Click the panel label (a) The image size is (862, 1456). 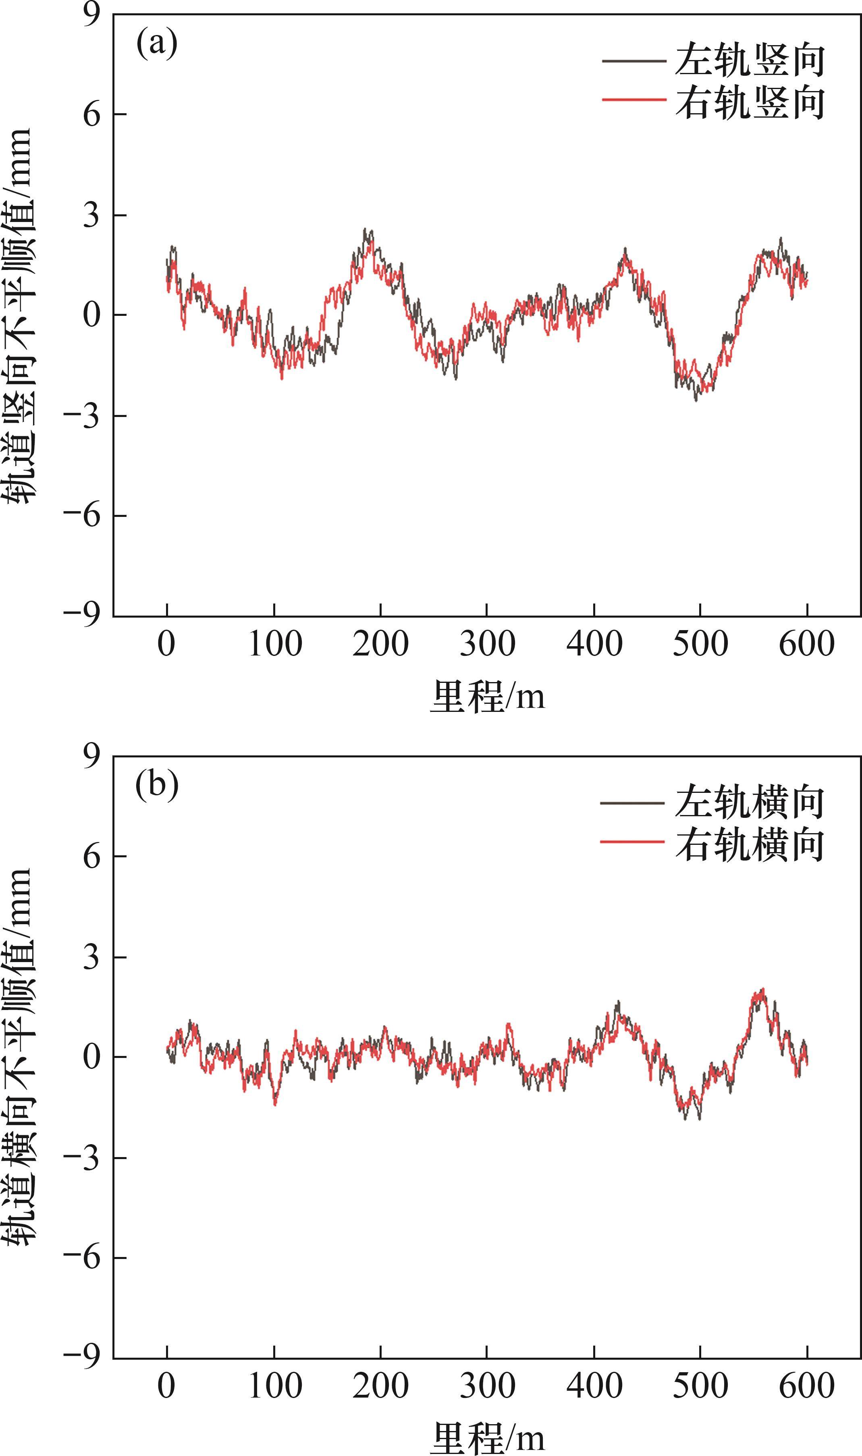[x=156, y=44]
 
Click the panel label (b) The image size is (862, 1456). [x=157, y=786]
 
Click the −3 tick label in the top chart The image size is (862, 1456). [x=83, y=416]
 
